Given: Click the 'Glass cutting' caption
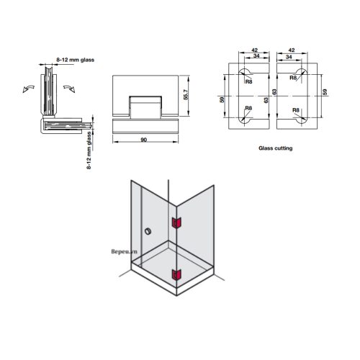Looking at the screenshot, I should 275,148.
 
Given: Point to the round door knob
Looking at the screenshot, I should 147,232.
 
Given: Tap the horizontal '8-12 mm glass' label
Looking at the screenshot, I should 76,60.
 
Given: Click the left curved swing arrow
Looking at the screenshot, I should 29,87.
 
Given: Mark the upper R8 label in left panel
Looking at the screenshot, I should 248,81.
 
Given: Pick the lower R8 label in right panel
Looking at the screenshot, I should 294,108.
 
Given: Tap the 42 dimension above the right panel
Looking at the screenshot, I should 290,51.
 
